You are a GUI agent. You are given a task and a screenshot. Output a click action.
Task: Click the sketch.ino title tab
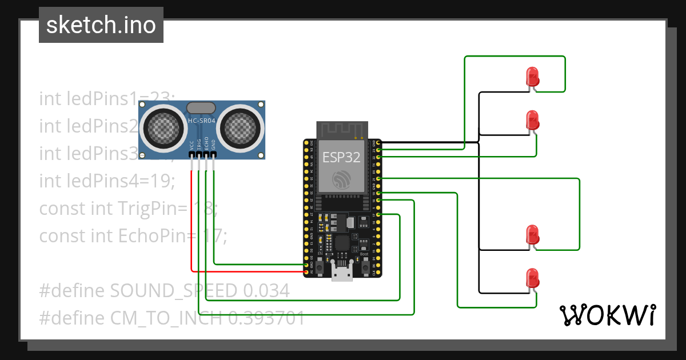pyautogui.click(x=101, y=25)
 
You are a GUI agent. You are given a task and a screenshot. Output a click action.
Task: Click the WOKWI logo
pyautogui.click(x=607, y=315)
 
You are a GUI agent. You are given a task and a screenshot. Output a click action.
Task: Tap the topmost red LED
pyautogui.click(x=532, y=77)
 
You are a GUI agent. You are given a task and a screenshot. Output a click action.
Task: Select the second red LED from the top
pyautogui.click(x=532, y=120)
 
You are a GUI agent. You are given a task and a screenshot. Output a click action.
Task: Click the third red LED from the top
pyautogui.click(x=532, y=234)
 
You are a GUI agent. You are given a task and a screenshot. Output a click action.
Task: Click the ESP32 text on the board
pyautogui.click(x=341, y=158)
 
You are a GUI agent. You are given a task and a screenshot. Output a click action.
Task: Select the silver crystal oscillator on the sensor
pyautogui.click(x=201, y=107)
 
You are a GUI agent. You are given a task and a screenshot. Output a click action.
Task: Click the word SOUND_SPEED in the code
pyautogui.click(x=173, y=290)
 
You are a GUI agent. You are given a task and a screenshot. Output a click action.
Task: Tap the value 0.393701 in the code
pyautogui.click(x=266, y=318)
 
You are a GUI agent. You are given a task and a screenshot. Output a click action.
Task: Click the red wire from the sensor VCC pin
pyautogui.click(x=191, y=229)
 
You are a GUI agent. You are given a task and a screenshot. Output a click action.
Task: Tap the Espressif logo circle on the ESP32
pyautogui.click(x=341, y=179)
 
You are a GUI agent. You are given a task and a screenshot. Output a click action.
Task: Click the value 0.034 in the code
pyautogui.click(x=266, y=290)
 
